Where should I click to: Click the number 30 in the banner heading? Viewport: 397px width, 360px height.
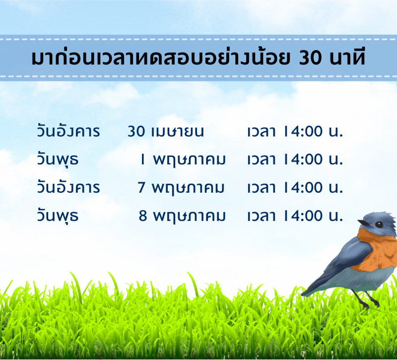(310, 58)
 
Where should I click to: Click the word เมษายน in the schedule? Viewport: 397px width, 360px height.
(178, 132)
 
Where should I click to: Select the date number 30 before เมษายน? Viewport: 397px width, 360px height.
(136, 132)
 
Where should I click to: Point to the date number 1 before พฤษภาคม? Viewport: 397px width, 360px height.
(143, 159)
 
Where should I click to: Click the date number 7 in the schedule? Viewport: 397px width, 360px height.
(141, 188)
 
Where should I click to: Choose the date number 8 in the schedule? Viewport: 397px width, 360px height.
(143, 216)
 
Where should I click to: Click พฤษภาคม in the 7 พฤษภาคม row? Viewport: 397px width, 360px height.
(188, 189)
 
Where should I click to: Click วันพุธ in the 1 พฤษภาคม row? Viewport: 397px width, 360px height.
(58, 159)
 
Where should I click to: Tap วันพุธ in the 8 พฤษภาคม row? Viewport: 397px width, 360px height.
(58, 216)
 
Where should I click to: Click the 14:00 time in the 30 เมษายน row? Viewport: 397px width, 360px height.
(304, 132)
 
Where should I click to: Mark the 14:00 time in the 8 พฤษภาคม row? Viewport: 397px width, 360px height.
(304, 216)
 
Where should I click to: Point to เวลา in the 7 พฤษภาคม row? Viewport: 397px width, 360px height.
(262, 188)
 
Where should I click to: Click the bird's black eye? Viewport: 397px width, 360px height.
(379, 224)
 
